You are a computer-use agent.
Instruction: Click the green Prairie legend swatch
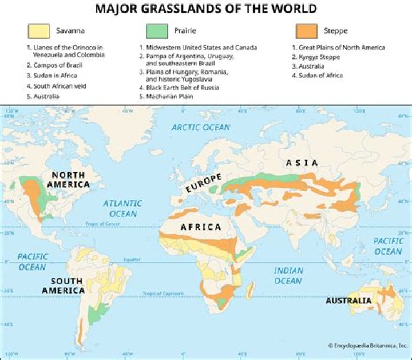pos(156,31)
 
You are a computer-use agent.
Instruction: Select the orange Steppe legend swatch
pos(307,31)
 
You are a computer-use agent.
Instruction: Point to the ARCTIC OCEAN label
pos(201,128)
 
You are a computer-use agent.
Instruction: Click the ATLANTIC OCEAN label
pos(122,208)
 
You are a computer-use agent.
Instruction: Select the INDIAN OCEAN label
pos(288,275)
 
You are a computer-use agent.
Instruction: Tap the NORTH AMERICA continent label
pos(69,180)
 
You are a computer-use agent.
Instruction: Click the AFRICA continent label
pos(201,227)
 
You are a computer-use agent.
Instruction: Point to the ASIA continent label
pos(302,163)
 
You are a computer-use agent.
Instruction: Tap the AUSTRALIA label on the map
pos(348,300)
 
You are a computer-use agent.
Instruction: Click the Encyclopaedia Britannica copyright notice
pos(367,346)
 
